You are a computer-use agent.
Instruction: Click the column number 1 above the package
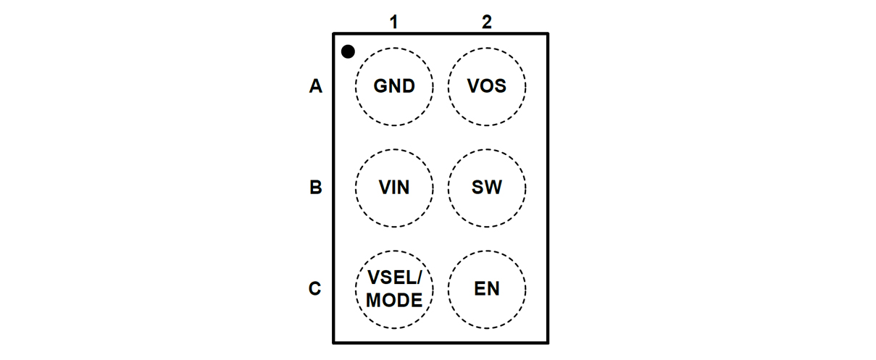point(393,22)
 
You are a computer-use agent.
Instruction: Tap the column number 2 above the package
point(487,22)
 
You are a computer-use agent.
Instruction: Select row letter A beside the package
point(315,87)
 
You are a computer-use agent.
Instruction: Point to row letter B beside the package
point(315,188)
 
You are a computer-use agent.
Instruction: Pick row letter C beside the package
point(315,289)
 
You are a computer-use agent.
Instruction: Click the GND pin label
point(394,87)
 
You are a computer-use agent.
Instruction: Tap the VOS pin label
point(487,87)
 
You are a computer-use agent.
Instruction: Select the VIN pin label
point(394,188)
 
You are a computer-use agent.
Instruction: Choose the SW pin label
point(487,188)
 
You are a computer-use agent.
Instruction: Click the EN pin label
point(487,289)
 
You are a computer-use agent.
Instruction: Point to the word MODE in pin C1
point(394,300)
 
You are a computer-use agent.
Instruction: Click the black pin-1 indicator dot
point(349,51)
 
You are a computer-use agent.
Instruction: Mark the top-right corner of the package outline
point(548,33)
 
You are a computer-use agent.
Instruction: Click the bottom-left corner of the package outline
point(333,342)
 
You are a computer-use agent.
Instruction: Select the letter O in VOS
point(487,87)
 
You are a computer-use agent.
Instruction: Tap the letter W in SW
point(494,188)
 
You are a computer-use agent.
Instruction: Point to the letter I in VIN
point(393,188)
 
